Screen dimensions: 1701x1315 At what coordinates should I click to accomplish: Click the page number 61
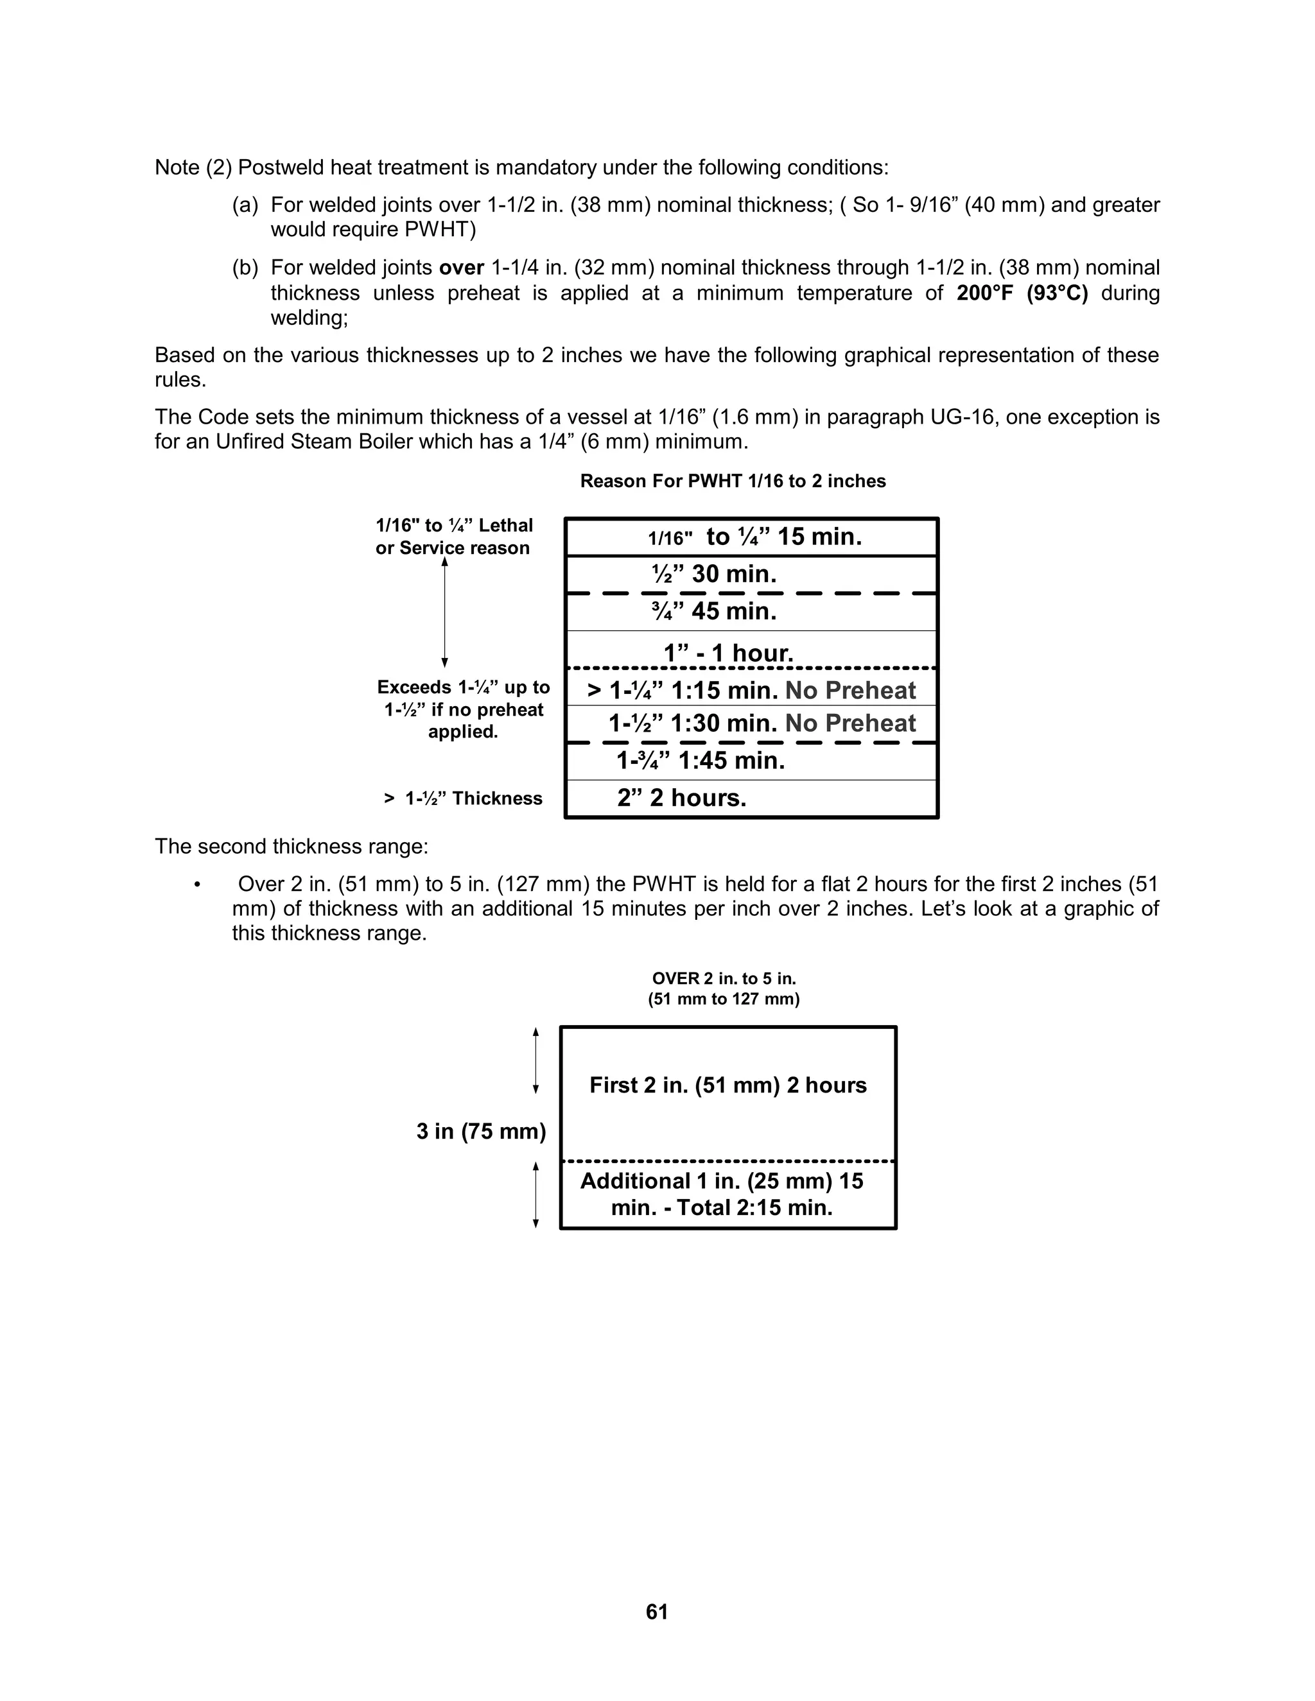[657, 1611]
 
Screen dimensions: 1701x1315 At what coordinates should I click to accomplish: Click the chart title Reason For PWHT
[732, 481]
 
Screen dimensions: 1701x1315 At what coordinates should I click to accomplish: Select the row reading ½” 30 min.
[715, 574]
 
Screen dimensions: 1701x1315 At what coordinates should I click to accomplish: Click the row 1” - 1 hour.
[728, 653]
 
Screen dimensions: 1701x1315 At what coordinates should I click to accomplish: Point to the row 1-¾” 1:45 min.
[701, 761]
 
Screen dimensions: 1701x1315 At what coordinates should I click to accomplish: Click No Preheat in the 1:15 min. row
[850, 691]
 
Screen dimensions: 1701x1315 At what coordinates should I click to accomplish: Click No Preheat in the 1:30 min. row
[850, 723]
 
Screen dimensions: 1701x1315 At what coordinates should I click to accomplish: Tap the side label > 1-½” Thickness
[463, 799]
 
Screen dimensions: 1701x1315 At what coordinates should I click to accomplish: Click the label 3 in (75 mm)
[481, 1131]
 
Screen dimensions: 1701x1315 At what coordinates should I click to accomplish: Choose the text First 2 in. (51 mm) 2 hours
[727, 1085]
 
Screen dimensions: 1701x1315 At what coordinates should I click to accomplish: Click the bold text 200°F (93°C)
[1022, 293]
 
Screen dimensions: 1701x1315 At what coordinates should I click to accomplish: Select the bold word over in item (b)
[461, 268]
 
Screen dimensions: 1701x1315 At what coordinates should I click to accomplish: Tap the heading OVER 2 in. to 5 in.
[724, 978]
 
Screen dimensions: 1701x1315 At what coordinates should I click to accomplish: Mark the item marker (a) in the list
[245, 205]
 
